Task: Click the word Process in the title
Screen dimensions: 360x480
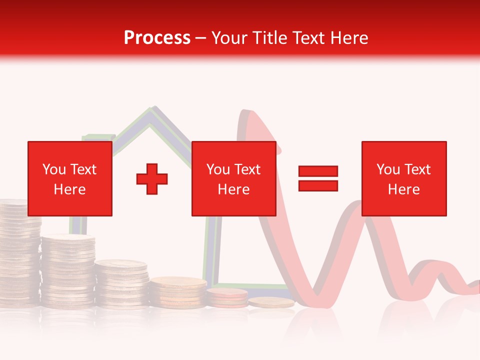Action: [x=157, y=37]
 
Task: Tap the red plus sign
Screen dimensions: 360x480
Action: [x=152, y=179]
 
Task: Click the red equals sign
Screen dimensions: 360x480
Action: [x=318, y=179]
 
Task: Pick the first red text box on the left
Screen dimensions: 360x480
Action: [x=70, y=178]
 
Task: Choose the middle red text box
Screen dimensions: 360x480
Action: [x=233, y=178]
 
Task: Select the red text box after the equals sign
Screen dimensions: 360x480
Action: [x=404, y=178]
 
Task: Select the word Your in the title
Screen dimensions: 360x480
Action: [x=229, y=37]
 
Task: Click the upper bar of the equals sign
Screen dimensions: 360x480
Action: [x=318, y=171]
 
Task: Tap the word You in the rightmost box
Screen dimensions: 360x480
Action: [x=388, y=169]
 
